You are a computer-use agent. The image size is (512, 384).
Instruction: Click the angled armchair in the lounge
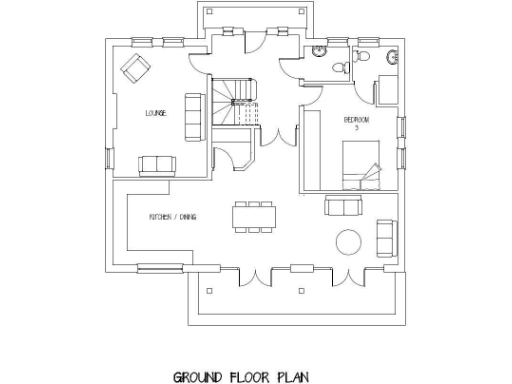(x=133, y=68)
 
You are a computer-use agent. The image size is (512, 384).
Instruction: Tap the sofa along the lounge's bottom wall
(x=155, y=165)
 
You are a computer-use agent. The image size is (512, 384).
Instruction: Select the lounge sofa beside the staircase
(x=196, y=111)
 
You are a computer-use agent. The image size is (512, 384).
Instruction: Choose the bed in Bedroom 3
(x=361, y=165)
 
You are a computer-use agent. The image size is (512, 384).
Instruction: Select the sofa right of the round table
(x=384, y=236)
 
